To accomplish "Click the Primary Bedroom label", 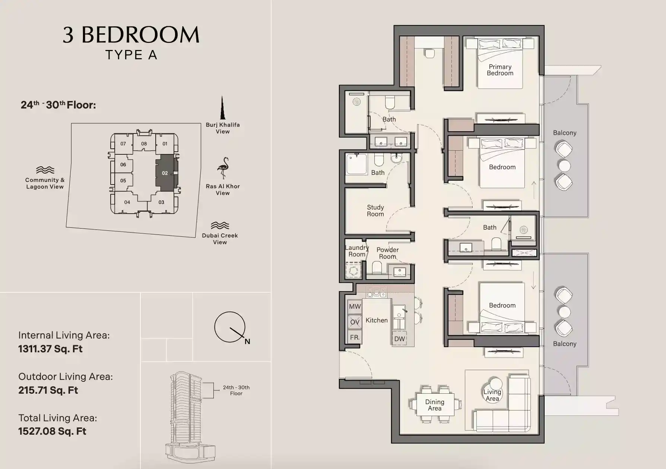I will point(500,70).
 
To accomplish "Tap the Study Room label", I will point(375,211).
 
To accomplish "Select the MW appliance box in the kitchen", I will point(355,306).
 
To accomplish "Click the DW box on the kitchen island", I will point(399,339).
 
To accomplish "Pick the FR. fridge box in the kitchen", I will point(355,337).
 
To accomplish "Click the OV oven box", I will point(355,322).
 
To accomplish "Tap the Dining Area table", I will point(435,405).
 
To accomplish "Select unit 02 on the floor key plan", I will point(165,173).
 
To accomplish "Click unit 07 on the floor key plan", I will point(123,144).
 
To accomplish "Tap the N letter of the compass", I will point(247,341).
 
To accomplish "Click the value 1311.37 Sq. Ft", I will point(50,349).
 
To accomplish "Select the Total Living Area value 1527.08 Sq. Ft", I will point(52,431).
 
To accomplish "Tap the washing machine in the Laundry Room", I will point(353,271).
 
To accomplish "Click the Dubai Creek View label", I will point(220,239).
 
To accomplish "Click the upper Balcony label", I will point(565,133).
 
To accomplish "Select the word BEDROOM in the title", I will point(140,35).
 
